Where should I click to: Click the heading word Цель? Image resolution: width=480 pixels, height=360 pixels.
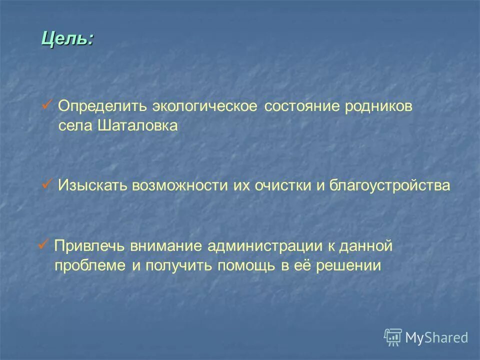[x=67, y=38]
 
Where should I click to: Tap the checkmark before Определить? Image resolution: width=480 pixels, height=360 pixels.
[x=47, y=105]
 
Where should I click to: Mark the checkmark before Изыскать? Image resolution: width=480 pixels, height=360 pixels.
[x=47, y=184]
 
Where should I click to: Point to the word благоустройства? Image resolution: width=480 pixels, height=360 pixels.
[x=389, y=186]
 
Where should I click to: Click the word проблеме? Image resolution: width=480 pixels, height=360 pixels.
[x=91, y=265]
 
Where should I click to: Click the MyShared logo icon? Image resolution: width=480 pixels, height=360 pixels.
[x=393, y=337]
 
